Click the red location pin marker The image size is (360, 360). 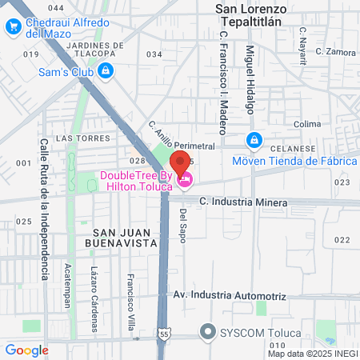(180, 163)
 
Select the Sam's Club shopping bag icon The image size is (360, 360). (106, 71)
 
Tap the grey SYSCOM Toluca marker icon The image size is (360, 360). (210, 331)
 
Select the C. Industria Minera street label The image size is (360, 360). (243, 203)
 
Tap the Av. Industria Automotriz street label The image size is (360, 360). (230, 296)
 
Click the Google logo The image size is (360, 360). (26, 350)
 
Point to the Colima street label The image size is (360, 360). (306, 124)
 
